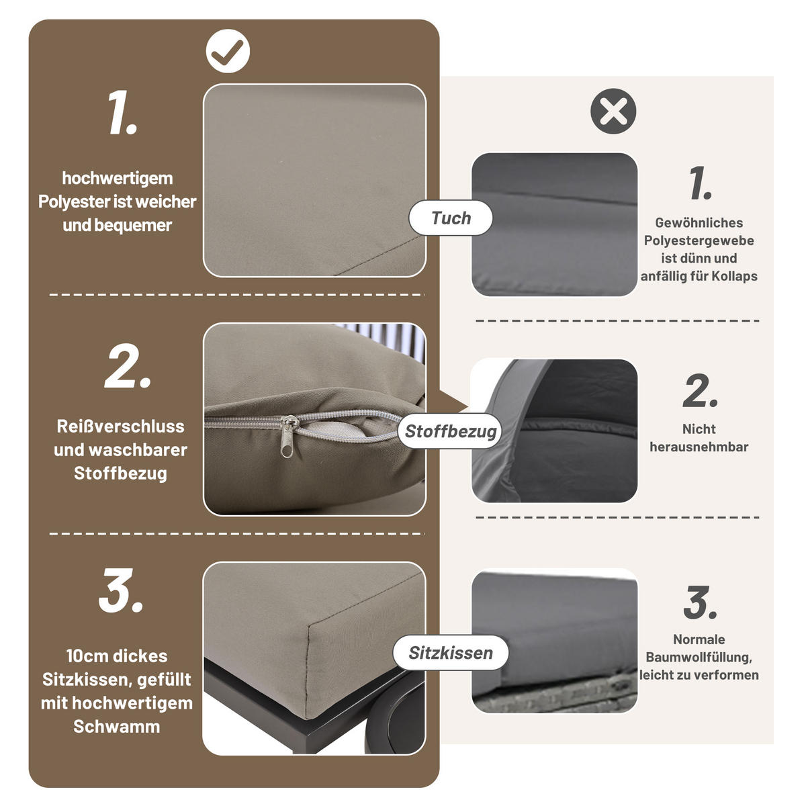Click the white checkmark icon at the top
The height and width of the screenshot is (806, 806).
(x=228, y=50)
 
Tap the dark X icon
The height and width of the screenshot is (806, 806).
(x=613, y=111)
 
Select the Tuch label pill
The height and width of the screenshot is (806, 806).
(x=451, y=218)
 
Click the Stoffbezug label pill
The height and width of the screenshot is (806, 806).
(x=450, y=431)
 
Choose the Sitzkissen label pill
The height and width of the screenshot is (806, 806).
(x=450, y=653)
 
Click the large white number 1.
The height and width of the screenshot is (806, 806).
(x=122, y=114)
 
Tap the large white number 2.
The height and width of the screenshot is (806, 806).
(x=128, y=367)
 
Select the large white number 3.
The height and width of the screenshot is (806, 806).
(x=121, y=591)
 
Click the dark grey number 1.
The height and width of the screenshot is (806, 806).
(x=700, y=183)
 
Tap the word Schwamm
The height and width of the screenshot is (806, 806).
(x=117, y=727)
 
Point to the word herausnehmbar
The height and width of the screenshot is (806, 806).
(x=699, y=447)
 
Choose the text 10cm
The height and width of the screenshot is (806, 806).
(x=88, y=656)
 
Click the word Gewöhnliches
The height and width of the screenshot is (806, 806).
(x=699, y=223)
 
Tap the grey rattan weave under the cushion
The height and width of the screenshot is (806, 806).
(x=551, y=702)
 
